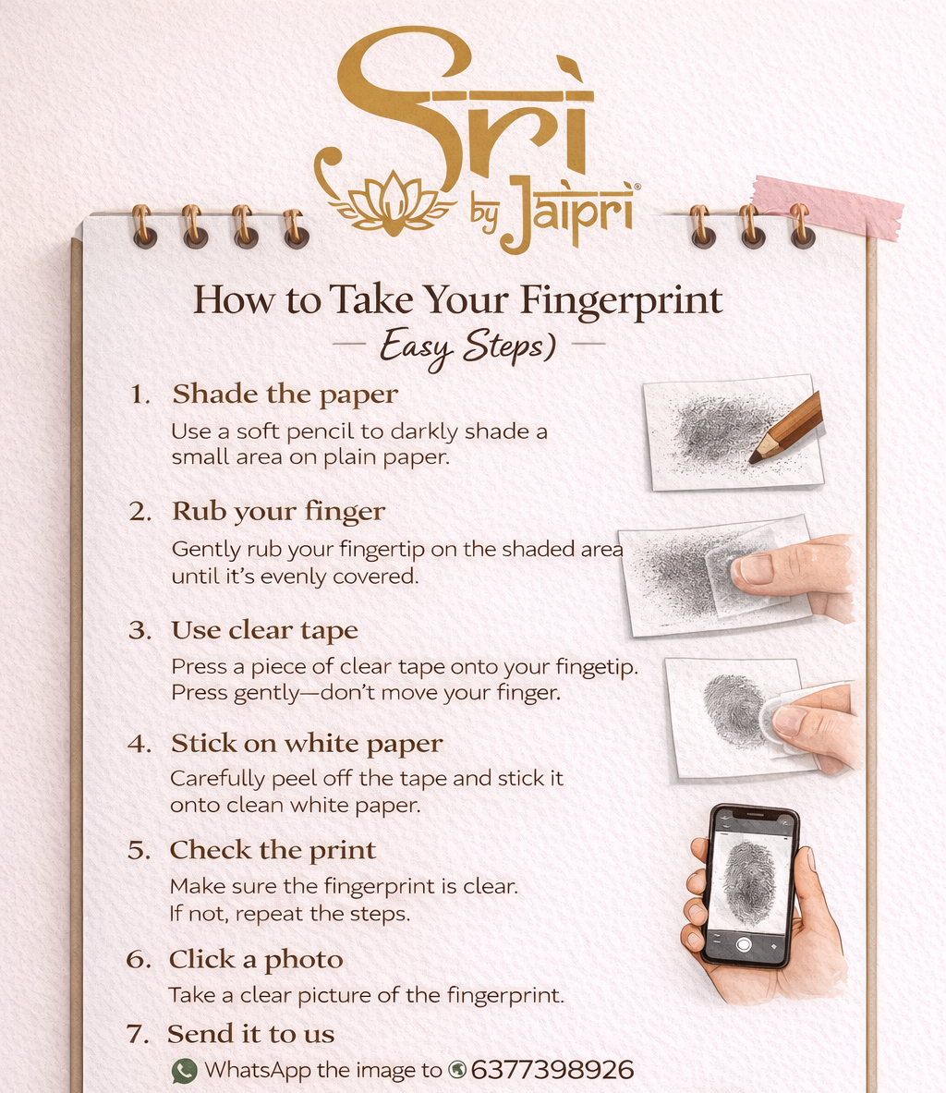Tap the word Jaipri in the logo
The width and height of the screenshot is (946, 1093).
567,212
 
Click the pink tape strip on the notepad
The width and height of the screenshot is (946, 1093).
828,206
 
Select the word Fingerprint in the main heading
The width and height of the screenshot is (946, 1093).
621,301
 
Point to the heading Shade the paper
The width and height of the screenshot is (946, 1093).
285,395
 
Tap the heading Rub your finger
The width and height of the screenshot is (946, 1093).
278,512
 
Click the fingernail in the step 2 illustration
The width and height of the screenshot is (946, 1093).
755,569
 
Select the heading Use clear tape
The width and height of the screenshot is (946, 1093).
265,630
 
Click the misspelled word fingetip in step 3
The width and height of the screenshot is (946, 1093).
596,668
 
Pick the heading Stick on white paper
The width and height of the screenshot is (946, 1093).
307,744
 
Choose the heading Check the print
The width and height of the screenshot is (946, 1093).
273,850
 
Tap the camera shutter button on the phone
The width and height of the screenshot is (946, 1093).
743,944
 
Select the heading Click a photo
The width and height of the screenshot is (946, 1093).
256,960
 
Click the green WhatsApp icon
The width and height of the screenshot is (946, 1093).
185,1072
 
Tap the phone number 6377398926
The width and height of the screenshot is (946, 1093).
552,1070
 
